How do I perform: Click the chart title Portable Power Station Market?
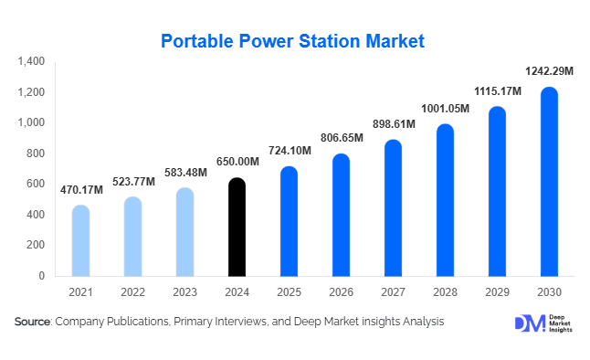pos(292,41)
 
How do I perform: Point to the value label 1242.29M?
pos(549,71)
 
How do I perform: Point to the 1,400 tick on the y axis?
pos(30,62)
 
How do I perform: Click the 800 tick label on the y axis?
pos(36,154)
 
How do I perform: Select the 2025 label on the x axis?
pos(289,292)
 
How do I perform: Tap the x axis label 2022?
pos(132,292)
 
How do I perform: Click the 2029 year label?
pos(497,292)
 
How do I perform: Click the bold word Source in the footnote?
pos(32,322)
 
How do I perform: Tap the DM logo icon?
pos(529,323)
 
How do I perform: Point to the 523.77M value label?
pos(133,182)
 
